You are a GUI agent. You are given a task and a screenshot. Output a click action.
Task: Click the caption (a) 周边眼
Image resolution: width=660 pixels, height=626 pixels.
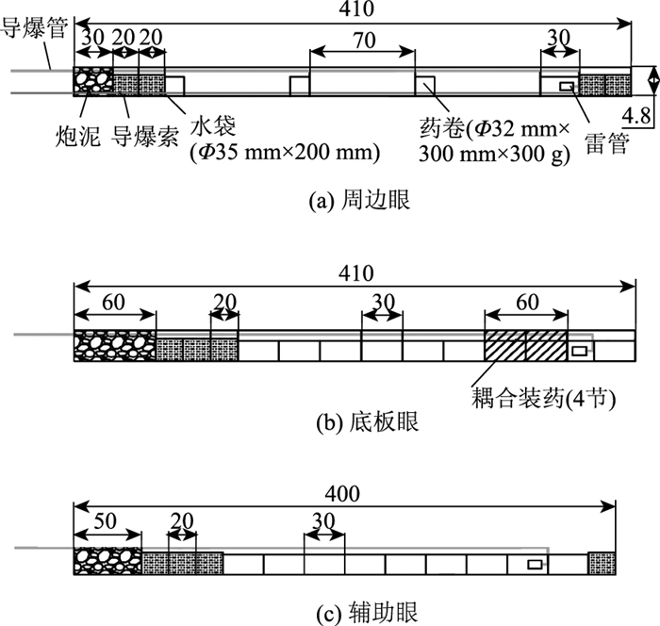click(360, 200)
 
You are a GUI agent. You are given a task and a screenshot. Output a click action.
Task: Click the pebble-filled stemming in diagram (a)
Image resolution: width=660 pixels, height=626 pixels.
click(92, 81)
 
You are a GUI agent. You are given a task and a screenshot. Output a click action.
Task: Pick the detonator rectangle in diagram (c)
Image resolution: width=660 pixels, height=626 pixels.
click(535, 564)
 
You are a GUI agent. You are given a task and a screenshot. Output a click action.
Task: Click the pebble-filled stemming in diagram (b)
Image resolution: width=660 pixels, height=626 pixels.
click(114, 344)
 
